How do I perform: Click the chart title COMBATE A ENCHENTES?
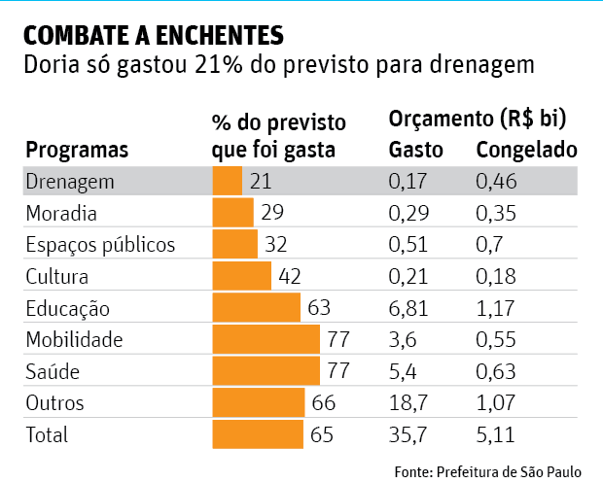[x=153, y=36]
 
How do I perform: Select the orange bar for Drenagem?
[x=227, y=181]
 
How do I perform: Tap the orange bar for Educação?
[x=256, y=309]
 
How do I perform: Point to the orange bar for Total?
[x=259, y=435]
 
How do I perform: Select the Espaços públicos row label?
[x=100, y=245]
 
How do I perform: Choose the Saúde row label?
[x=53, y=372]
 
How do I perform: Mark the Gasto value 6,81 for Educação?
[x=409, y=309]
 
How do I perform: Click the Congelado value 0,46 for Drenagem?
[x=496, y=181]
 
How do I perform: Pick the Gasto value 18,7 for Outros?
[x=409, y=403]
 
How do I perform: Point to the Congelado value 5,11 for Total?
[x=496, y=435]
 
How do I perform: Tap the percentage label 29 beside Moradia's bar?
[x=272, y=213]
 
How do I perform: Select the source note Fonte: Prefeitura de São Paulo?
[x=487, y=471]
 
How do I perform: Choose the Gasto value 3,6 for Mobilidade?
[x=404, y=340]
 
